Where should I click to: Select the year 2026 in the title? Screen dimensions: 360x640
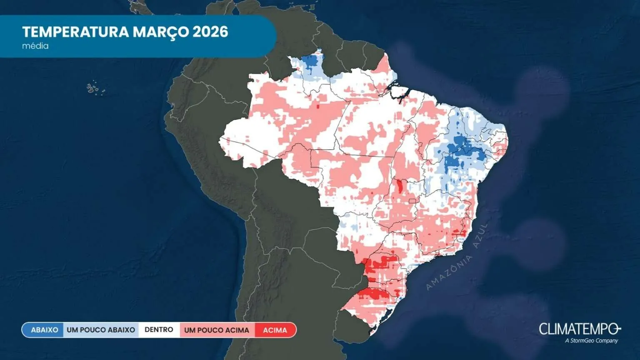pos(210,32)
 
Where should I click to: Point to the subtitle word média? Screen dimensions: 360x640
pos(35,46)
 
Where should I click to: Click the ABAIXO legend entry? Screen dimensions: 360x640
pos(44,330)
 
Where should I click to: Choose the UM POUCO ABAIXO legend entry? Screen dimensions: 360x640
pos(101,330)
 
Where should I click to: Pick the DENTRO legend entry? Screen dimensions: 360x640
pos(159,330)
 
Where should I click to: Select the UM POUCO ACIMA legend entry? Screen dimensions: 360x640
pos(217,330)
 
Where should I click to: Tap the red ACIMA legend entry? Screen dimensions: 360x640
pos(275,330)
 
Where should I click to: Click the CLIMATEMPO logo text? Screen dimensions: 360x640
pos(579,329)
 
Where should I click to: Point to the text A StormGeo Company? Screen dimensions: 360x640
pos(591,340)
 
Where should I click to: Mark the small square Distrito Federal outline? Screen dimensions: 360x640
pos(413,201)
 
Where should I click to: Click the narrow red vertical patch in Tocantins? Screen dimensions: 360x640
pos(400,186)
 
